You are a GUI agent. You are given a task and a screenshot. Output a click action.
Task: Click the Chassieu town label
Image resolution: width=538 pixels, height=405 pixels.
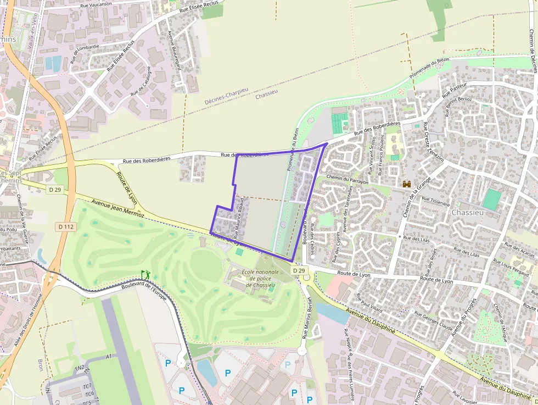click(468, 213)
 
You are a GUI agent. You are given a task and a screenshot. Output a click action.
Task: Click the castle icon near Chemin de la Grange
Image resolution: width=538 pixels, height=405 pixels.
click(407, 184)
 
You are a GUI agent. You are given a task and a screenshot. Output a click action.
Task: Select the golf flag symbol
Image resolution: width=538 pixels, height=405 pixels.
click(145, 274)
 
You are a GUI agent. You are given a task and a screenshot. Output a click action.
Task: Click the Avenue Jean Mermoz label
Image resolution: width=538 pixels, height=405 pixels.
click(118, 208)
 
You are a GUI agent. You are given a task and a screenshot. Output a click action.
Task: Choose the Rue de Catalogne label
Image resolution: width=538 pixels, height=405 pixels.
click(141, 85)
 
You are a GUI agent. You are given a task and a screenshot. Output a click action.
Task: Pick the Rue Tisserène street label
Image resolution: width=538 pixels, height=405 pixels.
click(435, 201)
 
